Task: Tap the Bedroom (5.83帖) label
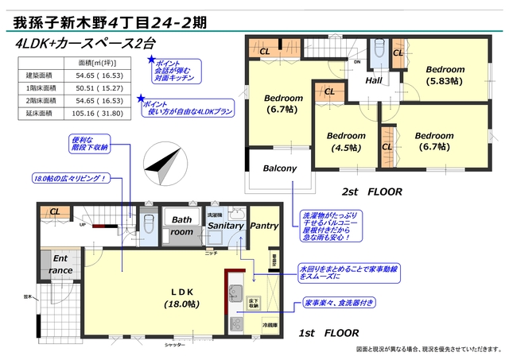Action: coord(444,75)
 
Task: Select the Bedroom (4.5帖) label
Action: coord(345,141)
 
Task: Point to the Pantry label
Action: coord(264,226)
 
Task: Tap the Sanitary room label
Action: coord(226,226)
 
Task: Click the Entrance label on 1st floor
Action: coord(60,265)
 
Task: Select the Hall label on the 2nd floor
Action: coord(375,82)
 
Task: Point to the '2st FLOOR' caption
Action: coord(372,192)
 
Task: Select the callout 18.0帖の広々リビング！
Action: coord(71,178)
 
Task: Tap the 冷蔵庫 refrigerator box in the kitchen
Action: coord(270,326)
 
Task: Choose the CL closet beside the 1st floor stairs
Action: coord(55,211)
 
